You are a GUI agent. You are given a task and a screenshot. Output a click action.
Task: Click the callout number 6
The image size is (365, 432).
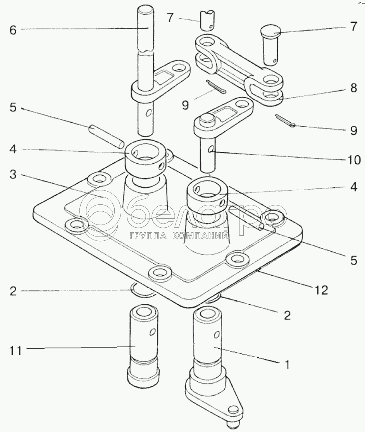point(13,31)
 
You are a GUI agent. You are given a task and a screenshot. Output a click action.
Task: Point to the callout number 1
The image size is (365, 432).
point(286,364)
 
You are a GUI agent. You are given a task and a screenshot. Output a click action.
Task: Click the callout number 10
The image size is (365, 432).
point(353,159)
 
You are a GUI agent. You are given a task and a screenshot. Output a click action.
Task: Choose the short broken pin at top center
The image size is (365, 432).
point(207,20)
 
